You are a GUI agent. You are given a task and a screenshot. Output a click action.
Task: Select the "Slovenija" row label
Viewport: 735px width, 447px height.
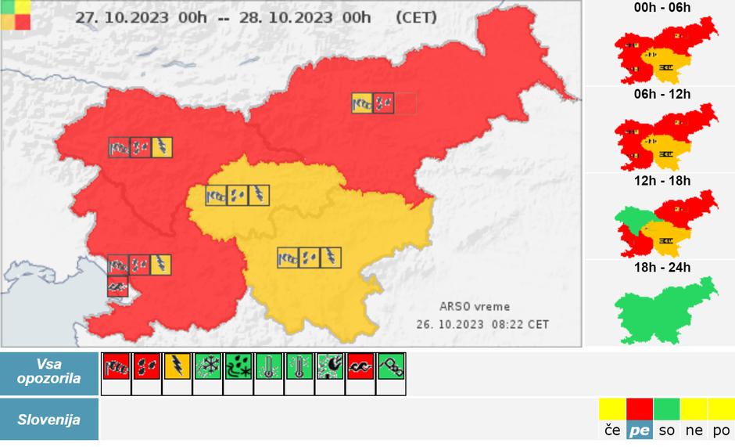coord(49,420)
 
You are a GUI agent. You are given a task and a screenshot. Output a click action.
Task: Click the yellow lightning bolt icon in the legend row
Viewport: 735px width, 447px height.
coord(177,365)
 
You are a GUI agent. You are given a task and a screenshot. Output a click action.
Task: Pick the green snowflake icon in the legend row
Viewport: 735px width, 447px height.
coord(207,365)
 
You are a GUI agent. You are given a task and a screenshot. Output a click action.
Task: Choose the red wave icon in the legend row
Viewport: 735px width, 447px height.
coord(360,365)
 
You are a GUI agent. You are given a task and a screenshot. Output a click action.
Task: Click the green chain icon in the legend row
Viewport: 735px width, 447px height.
coord(390,365)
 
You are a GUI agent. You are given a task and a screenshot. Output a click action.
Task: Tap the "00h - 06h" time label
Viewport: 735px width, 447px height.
coord(662,9)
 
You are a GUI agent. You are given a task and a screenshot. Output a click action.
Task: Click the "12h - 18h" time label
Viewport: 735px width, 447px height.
coord(662,181)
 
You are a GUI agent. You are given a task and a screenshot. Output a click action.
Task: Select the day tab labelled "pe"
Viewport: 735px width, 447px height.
coord(639,431)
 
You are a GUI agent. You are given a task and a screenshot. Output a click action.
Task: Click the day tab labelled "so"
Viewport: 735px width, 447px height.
coord(666,431)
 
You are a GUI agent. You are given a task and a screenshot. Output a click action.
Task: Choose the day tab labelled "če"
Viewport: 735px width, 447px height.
coord(612,431)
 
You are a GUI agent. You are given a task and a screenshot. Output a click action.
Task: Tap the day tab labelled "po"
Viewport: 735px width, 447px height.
coord(721,431)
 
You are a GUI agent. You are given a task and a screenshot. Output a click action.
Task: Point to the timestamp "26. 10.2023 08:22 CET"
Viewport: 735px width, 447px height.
coord(482,323)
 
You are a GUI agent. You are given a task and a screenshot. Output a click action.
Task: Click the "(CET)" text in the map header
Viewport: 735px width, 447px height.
coord(417,17)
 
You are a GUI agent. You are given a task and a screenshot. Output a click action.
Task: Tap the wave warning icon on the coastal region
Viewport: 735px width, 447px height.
coord(118,286)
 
